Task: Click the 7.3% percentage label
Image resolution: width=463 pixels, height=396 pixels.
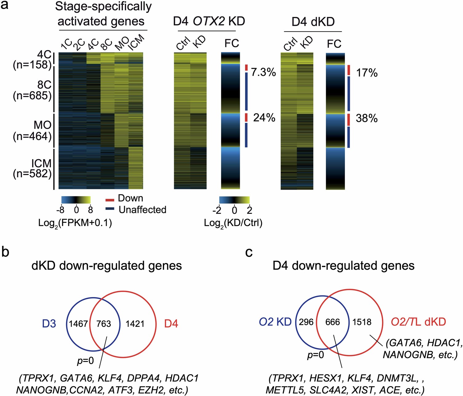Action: (x=263, y=73)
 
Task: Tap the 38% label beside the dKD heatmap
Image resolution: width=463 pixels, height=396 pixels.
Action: (x=366, y=118)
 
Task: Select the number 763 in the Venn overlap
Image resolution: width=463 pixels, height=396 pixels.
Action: (x=104, y=324)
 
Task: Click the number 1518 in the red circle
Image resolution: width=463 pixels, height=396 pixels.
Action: (x=362, y=322)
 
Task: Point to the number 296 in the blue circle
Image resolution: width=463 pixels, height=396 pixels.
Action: (x=306, y=322)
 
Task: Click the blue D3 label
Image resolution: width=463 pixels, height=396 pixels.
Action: (x=49, y=324)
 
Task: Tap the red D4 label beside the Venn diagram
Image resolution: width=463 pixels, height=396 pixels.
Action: (x=171, y=324)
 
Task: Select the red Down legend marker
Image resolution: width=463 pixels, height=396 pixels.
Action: (x=110, y=200)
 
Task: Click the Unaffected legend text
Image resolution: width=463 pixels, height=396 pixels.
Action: (x=142, y=210)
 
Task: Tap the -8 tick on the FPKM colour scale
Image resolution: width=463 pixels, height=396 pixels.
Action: (x=60, y=210)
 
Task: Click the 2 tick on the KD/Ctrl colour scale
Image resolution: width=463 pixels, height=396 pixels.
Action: (x=249, y=210)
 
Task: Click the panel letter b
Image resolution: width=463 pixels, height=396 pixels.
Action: (x=5, y=252)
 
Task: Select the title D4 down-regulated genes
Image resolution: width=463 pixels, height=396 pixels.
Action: (x=343, y=266)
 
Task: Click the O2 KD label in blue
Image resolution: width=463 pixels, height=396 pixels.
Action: (x=275, y=322)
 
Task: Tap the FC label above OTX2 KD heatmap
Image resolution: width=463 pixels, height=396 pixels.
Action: (x=231, y=43)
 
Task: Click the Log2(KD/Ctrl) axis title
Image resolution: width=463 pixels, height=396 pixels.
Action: (x=233, y=223)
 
